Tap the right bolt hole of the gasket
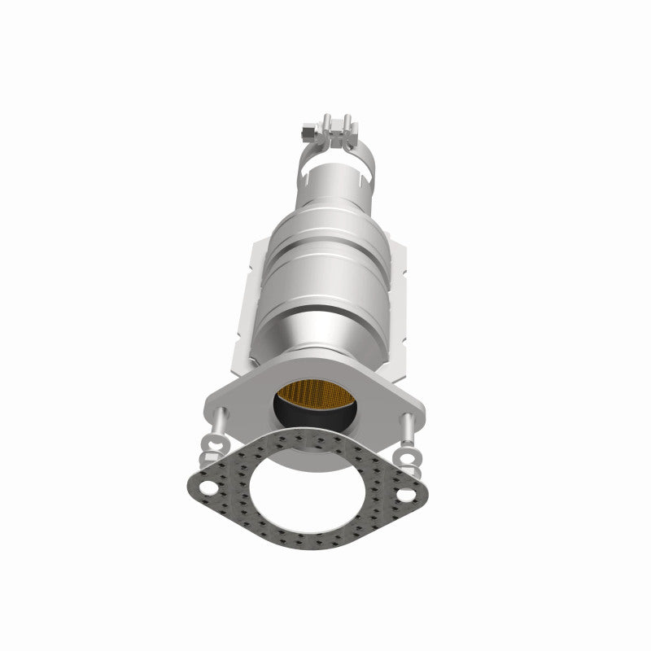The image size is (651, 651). coord(404,492)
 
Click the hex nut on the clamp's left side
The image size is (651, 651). coord(304,129)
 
